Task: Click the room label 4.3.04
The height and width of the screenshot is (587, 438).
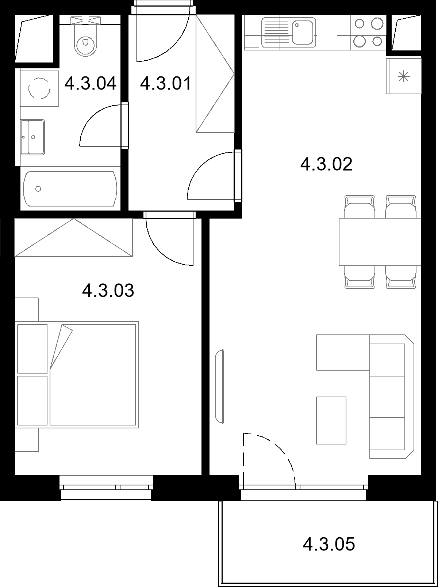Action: (x=91, y=83)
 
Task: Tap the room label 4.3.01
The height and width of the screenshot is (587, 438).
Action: (x=166, y=83)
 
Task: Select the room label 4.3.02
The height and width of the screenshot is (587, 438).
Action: (x=326, y=164)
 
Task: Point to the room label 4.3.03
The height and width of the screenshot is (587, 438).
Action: (x=108, y=291)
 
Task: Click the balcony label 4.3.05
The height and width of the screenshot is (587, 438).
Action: (x=329, y=544)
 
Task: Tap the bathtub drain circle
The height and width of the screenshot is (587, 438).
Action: (x=38, y=189)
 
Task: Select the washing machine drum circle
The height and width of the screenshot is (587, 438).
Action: (x=39, y=88)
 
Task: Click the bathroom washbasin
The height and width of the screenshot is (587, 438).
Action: (x=32, y=137)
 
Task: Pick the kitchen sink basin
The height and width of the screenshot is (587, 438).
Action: (x=303, y=33)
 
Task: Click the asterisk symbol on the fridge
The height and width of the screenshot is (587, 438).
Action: (x=404, y=77)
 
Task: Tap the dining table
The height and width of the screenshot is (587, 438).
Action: (x=380, y=242)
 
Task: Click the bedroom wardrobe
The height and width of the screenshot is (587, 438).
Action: (x=73, y=238)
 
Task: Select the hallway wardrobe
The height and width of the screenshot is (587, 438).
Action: (x=215, y=73)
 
